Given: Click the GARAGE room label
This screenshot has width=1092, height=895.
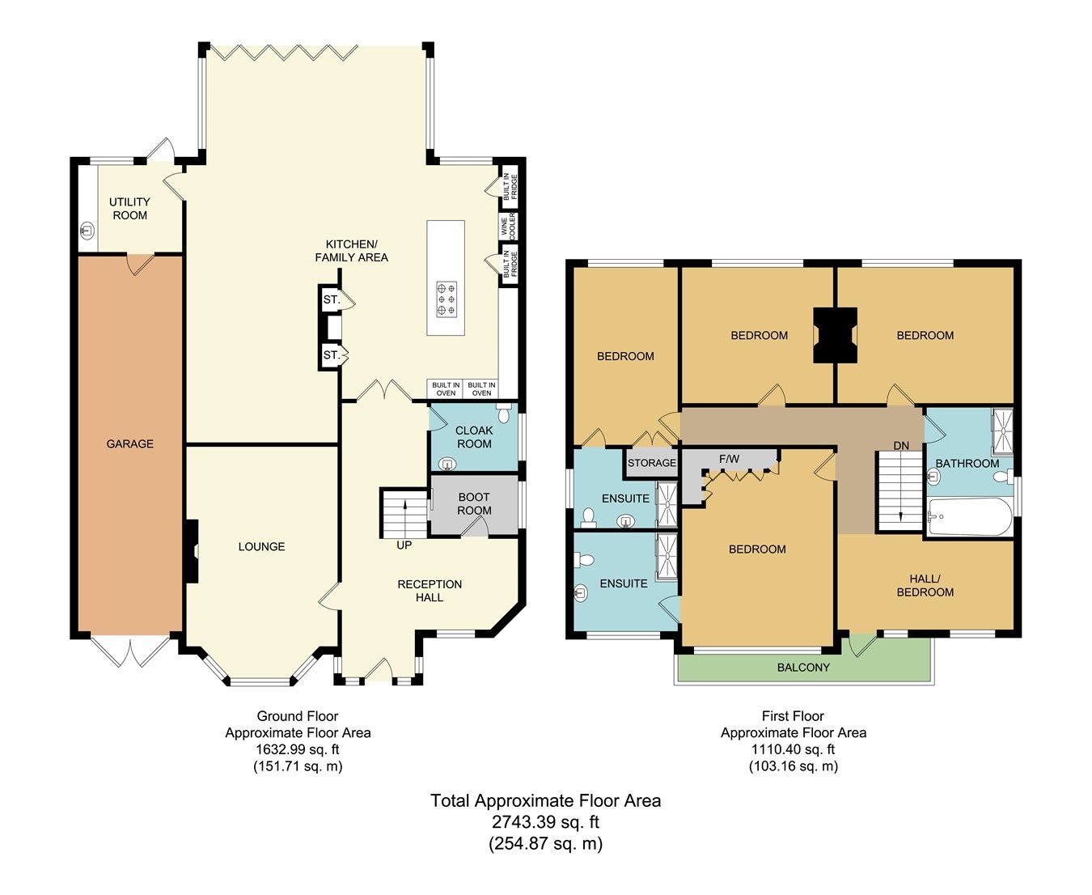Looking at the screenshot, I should (129, 443).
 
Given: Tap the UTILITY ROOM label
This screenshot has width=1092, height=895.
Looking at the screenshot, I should (129, 209).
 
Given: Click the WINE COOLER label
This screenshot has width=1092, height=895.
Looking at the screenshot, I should (507, 227).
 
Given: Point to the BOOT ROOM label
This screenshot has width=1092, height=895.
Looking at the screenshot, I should (474, 503).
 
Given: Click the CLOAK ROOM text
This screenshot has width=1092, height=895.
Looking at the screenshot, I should (474, 437).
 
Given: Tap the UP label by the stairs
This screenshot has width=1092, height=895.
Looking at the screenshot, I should (404, 545).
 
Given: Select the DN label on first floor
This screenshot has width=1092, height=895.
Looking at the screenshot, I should (901, 446).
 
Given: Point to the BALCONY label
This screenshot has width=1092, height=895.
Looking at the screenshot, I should (803, 668).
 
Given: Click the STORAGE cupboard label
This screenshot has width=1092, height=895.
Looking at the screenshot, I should (651, 463).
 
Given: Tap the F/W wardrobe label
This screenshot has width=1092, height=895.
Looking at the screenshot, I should (729, 459).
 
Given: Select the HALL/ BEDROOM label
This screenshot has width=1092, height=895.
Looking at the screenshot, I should (925, 585).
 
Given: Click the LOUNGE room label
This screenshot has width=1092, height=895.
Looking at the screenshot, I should (261, 546).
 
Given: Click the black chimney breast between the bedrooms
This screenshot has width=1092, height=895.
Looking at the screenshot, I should (835, 335).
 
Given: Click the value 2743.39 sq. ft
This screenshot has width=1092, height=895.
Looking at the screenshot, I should (546, 822).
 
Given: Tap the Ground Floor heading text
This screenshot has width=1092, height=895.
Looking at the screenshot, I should (297, 716).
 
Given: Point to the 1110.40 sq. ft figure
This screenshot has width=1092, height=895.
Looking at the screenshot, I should (793, 749).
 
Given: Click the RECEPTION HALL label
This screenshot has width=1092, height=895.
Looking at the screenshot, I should (430, 591).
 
